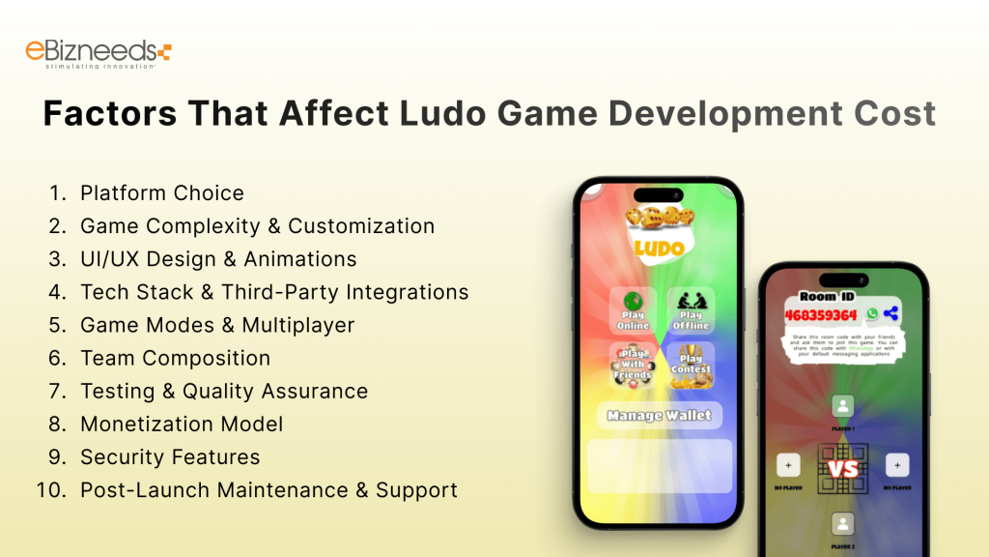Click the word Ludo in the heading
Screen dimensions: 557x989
pos(443,113)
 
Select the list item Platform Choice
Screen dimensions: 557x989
pos(161,193)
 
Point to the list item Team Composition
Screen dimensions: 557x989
pos(175,358)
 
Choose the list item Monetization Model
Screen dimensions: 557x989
pos(182,424)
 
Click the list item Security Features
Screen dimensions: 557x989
pos(170,456)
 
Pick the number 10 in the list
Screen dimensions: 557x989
pos(49,489)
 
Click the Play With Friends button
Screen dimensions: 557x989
pos(634,366)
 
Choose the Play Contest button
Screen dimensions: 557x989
pos(691,366)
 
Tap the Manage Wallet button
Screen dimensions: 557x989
pos(660,416)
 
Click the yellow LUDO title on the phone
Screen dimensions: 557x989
pos(660,248)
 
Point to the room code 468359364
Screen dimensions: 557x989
pos(820,314)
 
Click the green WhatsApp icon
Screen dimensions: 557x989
pos(873,313)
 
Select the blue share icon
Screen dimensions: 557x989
pos(891,313)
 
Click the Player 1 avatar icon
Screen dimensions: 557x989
pos(843,406)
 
